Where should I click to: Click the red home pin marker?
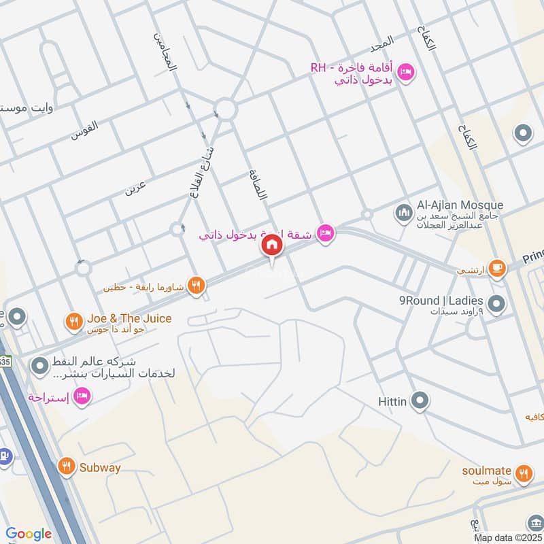(272, 245)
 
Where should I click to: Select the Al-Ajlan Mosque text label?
(460, 205)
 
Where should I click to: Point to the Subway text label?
(99, 467)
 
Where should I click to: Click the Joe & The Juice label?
(129, 318)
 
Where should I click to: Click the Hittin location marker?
(421, 401)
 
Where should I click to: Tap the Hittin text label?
(392, 402)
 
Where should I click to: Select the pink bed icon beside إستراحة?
(82, 396)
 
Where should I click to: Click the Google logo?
(29, 534)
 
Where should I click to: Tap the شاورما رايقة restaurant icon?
(197, 286)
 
